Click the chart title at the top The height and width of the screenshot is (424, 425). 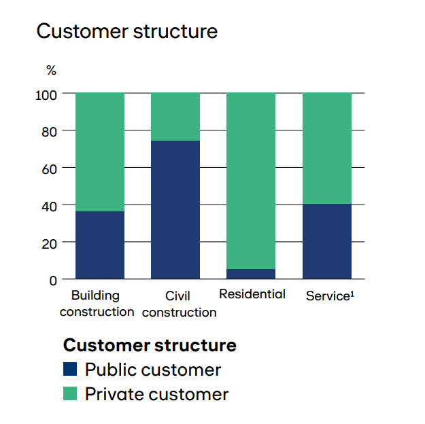127,31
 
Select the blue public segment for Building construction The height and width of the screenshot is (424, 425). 100,245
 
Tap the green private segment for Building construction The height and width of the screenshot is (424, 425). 100,152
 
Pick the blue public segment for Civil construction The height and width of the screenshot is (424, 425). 175,210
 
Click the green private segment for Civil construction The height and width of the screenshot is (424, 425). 175,117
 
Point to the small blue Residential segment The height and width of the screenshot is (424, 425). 251,274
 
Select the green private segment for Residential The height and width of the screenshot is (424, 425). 251,181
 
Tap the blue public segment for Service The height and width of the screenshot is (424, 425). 327,241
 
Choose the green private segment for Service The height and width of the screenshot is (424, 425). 327,148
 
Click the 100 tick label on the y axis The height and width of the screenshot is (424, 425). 46,95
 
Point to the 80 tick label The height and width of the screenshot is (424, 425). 50,132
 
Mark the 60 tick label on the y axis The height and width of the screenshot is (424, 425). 50,170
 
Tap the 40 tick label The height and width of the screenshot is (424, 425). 50,207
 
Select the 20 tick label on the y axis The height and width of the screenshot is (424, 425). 50,244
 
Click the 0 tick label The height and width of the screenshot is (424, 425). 53,281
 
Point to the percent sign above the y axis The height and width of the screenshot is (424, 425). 51,70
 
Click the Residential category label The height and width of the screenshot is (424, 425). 252,294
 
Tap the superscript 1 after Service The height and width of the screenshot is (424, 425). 352,294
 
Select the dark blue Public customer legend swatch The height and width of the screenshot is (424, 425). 70,369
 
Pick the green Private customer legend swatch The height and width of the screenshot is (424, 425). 70,393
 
